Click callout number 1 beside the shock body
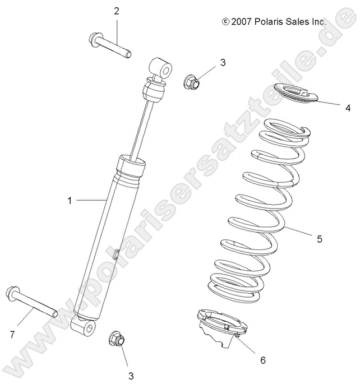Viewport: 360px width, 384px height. click(70, 200)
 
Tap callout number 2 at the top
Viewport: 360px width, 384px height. click(117, 11)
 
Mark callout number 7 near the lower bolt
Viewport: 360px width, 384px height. click(12, 335)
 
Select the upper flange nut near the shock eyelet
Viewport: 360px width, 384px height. click(191, 82)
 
